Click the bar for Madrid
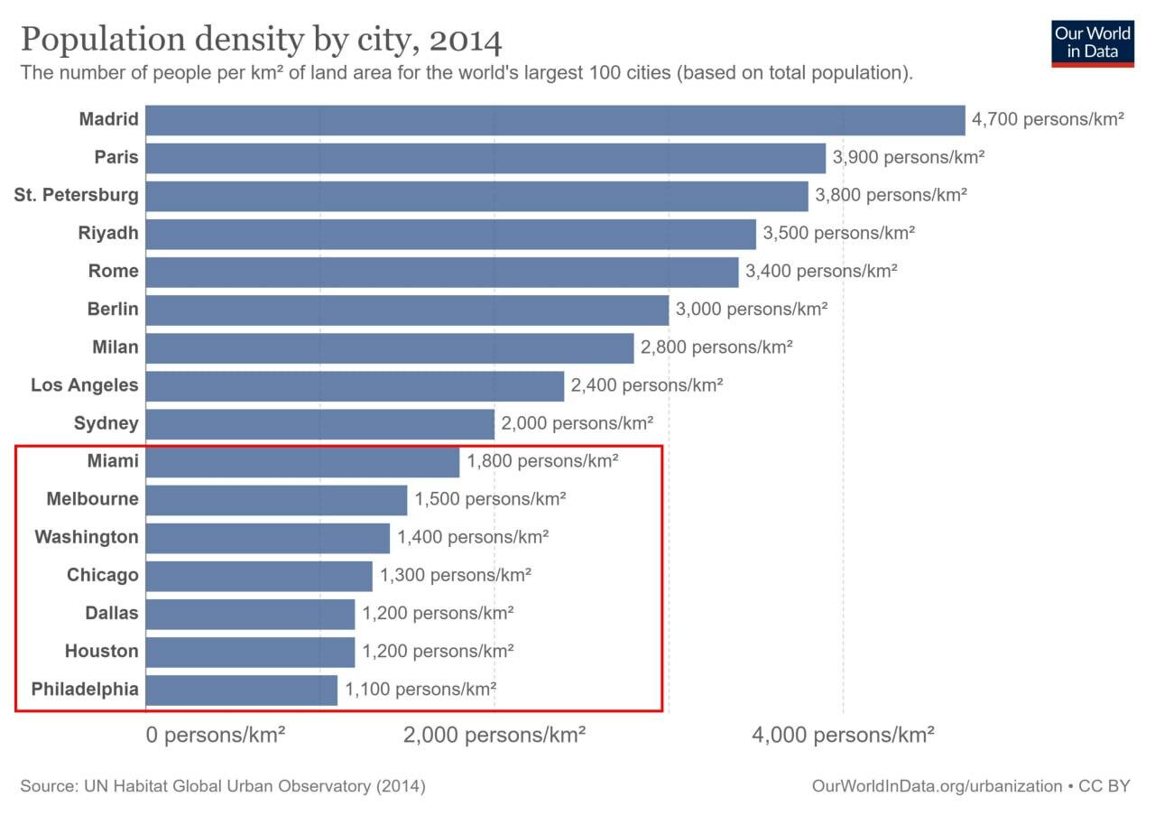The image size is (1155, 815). [x=555, y=120]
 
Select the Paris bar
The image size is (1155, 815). [x=485, y=158]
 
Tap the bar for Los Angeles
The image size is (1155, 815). [x=355, y=386]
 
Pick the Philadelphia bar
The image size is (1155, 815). [x=241, y=690]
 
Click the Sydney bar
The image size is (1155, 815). [x=319, y=424]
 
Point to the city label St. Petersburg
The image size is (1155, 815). [x=77, y=195]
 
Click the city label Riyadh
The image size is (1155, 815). [x=108, y=233]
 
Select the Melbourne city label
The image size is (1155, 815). [x=93, y=499]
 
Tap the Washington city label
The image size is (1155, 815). [x=87, y=537]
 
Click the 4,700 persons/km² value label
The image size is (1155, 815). [x=1048, y=119]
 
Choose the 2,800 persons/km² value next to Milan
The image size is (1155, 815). [x=716, y=347]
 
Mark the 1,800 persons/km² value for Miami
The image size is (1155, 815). [x=542, y=461]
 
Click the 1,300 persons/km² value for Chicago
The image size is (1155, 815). [x=456, y=575]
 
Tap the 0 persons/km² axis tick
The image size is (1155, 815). [x=216, y=735]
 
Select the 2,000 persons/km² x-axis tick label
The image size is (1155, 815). [x=494, y=735]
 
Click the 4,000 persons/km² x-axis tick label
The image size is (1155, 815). [x=843, y=735]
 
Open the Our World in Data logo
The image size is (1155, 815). [x=1092, y=42]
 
